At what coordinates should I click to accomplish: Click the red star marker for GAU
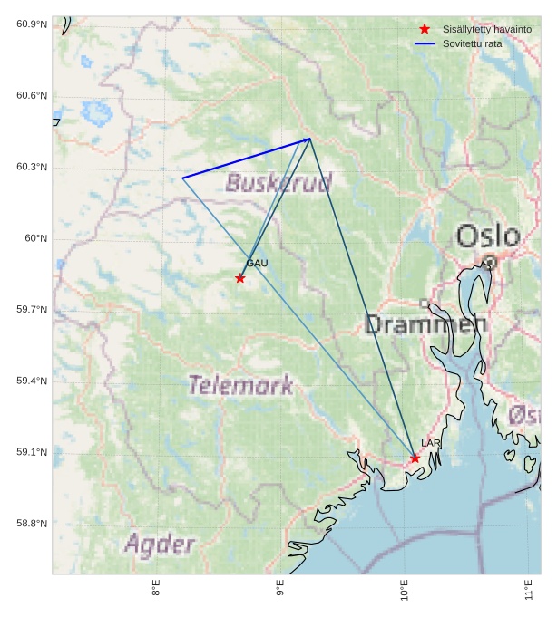(x=240, y=278)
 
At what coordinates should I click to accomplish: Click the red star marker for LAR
(x=415, y=458)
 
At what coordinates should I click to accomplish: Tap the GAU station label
(x=257, y=264)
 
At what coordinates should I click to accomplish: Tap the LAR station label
(x=431, y=443)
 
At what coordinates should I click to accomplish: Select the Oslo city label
(x=488, y=236)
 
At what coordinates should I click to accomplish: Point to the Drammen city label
(x=425, y=324)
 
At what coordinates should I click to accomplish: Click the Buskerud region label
(x=278, y=184)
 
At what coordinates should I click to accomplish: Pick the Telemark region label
(x=240, y=385)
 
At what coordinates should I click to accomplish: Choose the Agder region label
(x=160, y=545)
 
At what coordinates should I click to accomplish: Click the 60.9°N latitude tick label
(x=32, y=24)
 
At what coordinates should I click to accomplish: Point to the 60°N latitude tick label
(x=35, y=238)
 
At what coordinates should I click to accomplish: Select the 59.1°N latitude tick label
(x=32, y=452)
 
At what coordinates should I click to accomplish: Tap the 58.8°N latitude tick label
(x=32, y=524)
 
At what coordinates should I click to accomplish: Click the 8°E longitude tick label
(x=156, y=589)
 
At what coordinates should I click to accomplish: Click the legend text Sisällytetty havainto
(x=487, y=30)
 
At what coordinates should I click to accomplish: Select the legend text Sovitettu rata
(x=473, y=43)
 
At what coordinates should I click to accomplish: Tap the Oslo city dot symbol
(x=490, y=262)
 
